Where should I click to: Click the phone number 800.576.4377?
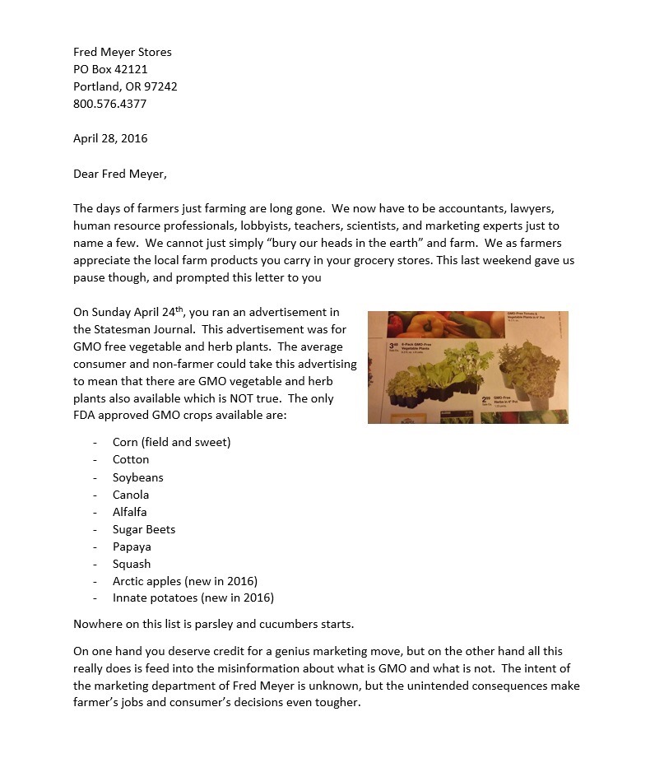pyautogui.click(x=110, y=105)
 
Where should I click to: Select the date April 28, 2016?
pyautogui.click(x=110, y=139)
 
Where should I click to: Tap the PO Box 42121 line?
pyautogui.click(x=110, y=70)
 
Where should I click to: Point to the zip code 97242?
pyautogui.click(x=160, y=87)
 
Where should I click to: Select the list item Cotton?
pyautogui.click(x=131, y=460)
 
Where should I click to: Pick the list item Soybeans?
pyautogui.click(x=138, y=477)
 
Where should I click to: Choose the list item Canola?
pyautogui.click(x=131, y=495)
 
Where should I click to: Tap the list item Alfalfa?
pyautogui.click(x=130, y=512)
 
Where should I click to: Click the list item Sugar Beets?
pyautogui.click(x=144, y=529)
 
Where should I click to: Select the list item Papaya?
pyautogui.click(x=132, y=546)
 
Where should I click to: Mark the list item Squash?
pyautogui.click(x=132, y=564)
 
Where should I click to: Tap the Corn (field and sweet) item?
pyautogui.click(x=171, y=442)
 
